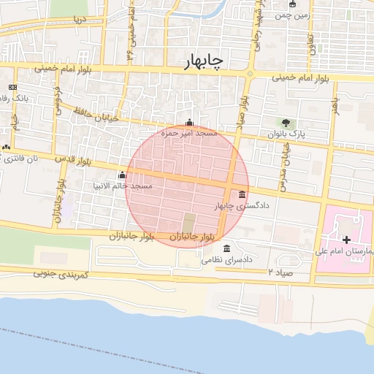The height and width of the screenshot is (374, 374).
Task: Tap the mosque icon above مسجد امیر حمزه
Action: click(191, 123)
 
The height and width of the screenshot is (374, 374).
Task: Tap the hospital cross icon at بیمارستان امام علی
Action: click(346, 240)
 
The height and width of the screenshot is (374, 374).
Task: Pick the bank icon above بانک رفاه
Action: click(12, 86)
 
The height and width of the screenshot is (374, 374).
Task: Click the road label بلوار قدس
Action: click(73, 159)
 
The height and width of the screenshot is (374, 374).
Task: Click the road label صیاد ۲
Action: click(280, 272)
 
